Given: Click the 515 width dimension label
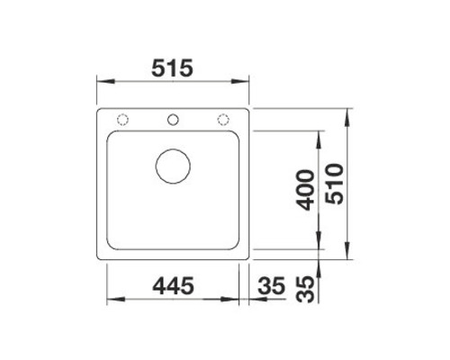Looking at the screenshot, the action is (x=172, y=68).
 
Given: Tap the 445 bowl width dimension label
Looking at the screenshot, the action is (x=173, y=285).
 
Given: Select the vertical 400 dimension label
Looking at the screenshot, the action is (x=305, y=190).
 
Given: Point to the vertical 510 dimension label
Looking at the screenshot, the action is (x=335, y=184).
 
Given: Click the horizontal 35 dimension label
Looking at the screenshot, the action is (x=271, y=285).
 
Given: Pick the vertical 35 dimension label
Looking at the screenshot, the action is (x=305, y=289).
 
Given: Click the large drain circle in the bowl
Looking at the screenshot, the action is (x=173, y=166).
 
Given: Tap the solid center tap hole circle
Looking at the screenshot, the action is (x=173, y=120).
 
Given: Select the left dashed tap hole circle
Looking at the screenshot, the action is (x=122, y=120).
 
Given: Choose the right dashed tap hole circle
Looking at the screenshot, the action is (x=223, y=120).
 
